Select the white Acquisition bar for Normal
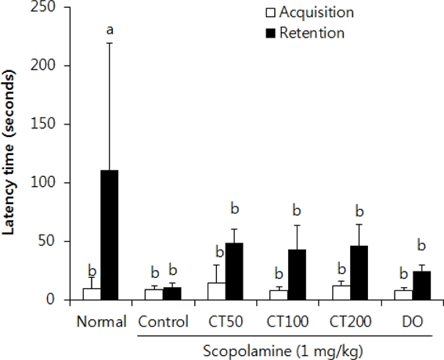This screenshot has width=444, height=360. click(x=92, y=293)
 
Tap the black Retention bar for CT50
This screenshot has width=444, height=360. click(x=233, y=271)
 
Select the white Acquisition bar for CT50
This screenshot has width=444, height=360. click(x=215, y=291)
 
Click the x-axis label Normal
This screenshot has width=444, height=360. click(x=101, y=322)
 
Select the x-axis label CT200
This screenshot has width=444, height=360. click(x=350, y=322)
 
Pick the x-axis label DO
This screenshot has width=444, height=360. click(x=413, y=322)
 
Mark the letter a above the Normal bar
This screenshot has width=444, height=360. click(x=110, y=30)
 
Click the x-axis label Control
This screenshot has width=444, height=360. click(x=162, y=322)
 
